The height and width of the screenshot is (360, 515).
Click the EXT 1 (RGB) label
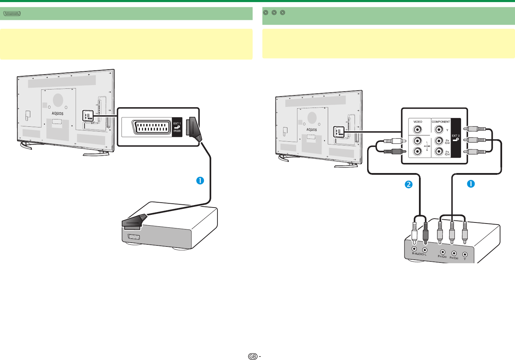pos(177,127)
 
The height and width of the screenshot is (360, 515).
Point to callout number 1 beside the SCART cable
pos(200,181)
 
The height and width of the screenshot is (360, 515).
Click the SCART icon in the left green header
pos(12,14)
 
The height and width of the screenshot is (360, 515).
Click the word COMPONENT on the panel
pos(441,122)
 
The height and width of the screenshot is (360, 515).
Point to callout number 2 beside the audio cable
pos(409,184)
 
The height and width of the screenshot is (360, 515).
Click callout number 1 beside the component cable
pos(471,183)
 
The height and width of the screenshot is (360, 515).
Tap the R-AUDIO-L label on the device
pos(419,254)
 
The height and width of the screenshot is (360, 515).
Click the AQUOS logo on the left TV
pos(57,114)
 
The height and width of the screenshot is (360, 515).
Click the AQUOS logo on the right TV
pos(311,130)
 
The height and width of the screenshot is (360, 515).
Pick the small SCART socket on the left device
pos(134,237)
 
